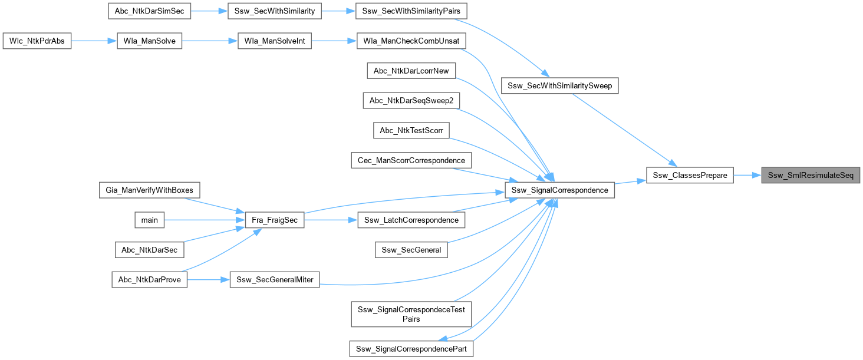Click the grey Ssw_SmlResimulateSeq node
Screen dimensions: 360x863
click(811, 176)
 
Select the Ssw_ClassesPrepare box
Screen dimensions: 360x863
click(690, 176)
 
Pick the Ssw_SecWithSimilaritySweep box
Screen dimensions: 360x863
click(560, 86)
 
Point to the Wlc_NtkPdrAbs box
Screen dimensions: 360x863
click(37, 42)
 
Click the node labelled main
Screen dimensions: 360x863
click(150, 220)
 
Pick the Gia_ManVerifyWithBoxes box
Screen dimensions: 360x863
click(150, 190)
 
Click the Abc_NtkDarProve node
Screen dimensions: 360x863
click(150, 280)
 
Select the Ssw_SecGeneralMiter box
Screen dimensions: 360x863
click(274, 280)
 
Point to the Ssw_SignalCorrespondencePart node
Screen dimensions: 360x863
click(411, 349)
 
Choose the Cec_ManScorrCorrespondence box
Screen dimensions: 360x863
click(411, 160)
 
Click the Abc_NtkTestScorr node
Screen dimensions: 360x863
click(411, 130)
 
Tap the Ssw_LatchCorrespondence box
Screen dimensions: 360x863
click(411, 220)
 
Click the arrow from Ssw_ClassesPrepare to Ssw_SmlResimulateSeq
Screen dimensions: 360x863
click(747, 176)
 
